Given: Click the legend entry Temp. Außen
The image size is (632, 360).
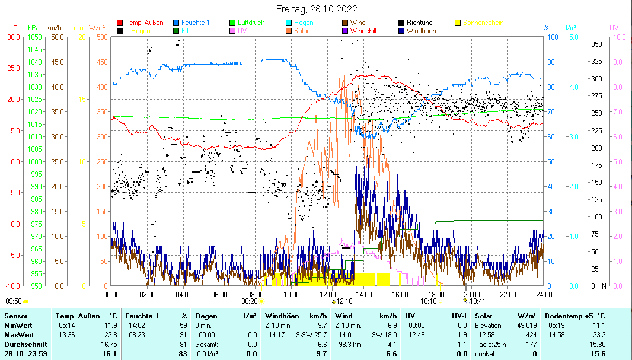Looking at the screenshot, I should point(144,23).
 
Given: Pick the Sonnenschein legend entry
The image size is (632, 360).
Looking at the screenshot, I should point(483,23).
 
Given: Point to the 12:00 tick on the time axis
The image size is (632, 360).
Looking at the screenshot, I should point(328,294).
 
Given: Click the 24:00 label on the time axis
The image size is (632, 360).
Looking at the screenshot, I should point(543,294).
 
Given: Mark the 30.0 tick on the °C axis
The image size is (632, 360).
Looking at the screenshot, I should point(13,37).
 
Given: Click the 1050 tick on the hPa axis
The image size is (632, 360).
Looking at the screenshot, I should point(34,37).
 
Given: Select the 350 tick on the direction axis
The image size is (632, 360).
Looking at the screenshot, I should point(596,44).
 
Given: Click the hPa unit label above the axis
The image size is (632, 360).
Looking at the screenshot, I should point(34,28).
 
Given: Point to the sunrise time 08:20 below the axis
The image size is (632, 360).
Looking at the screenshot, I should point(249,301).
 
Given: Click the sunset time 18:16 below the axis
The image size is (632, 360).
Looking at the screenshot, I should point(429,301).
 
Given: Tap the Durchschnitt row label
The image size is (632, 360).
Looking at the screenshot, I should point(23,345).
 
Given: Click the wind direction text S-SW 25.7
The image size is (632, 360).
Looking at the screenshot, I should point(312,335).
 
